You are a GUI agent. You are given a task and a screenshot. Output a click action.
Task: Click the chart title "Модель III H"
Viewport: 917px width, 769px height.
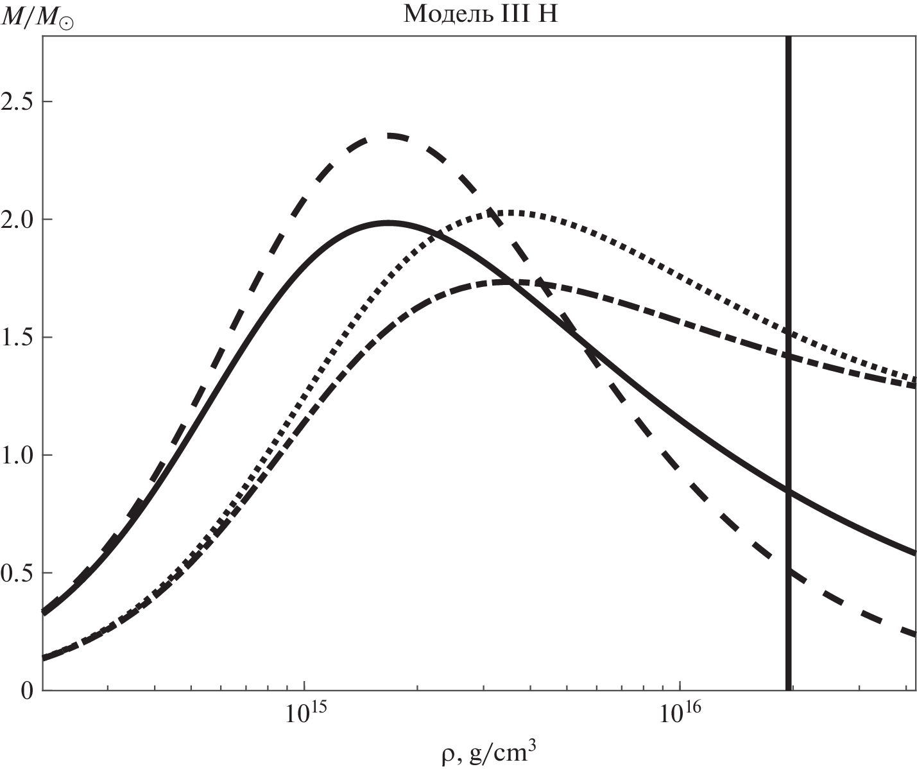click(x=481, y=15)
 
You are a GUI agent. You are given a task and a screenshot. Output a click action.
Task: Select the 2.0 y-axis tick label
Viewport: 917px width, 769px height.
click(x=17, y=220)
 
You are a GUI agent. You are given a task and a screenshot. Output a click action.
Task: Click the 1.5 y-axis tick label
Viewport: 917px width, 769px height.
click(x=17, y=338)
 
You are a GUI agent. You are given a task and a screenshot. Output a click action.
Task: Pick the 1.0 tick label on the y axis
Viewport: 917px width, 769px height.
click(x=17, y=456)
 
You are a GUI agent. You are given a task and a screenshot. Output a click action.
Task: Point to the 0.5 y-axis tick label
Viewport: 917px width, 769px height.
click(x=17, y=573)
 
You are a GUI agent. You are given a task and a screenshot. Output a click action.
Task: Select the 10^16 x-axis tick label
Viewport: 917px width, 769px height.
click(x=680, y=713)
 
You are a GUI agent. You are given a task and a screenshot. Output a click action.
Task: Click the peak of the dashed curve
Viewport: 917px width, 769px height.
click(x=388, y=135)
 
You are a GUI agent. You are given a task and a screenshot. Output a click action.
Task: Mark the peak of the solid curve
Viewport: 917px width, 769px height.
click(x=388, y=223)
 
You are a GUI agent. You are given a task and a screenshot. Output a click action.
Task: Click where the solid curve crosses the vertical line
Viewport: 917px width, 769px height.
click(x=789, y=492)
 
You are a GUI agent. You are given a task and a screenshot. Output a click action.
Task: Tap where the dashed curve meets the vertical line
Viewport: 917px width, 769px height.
click(x=789, y=571)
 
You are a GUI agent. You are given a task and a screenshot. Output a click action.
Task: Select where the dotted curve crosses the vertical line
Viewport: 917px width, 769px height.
click(x=789, y=333)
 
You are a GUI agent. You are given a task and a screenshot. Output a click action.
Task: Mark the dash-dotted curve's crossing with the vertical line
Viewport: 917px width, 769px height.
click(x=789, y=357)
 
